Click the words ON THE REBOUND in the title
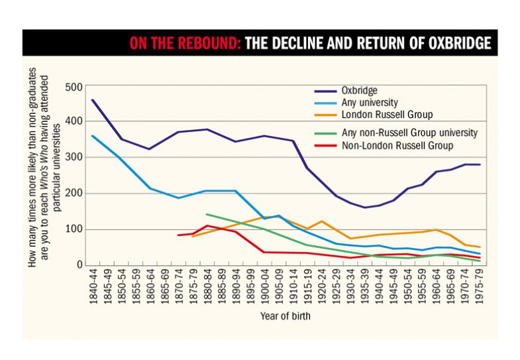pos(183,44)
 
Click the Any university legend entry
pos(369,102)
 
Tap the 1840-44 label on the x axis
pos(92,286)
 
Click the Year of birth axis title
pos(286,316)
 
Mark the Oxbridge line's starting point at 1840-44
pos(92,100)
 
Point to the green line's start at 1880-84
pos(207,214)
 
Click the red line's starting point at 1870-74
pos(178,235)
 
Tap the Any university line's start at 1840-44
pos(92,136)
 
